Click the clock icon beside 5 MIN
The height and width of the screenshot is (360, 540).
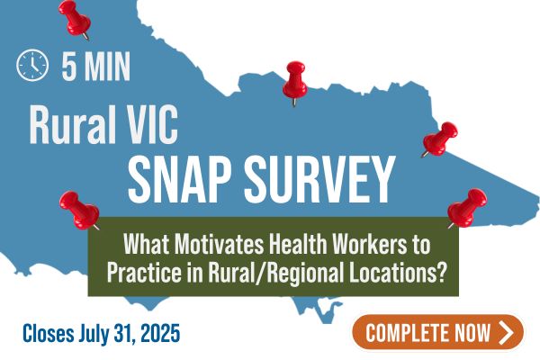(32, 65)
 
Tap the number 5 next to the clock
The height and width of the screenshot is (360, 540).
(69, 66)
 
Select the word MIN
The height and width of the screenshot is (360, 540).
(107, 66)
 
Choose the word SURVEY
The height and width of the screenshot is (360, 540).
(319, 179)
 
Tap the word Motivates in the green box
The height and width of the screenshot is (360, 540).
(219, 244)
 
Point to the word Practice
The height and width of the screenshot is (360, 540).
(144, 273)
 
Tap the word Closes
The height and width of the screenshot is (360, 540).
(48, 333)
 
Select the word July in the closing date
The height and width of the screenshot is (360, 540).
(91, 334)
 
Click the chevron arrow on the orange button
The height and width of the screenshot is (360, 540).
(505, 332)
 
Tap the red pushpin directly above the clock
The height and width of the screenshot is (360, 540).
(74, 19)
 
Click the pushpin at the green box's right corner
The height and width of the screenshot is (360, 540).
(467, 208)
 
